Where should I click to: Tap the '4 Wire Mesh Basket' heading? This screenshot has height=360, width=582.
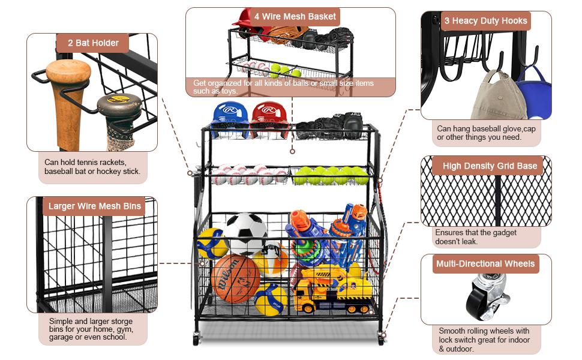click(x=295, y=17)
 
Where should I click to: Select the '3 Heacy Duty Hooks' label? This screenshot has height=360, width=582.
click(x=486, y=22)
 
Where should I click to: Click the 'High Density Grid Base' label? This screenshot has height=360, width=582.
click(x=490, y=166)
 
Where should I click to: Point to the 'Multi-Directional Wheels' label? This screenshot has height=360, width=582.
click(x=485, y=263)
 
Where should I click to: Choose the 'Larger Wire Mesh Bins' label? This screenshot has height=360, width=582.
click(x=95, y=206)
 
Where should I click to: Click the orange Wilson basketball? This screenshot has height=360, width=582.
click(x=236, y=277)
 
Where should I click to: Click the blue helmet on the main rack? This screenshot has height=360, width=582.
click(x=230, y=117)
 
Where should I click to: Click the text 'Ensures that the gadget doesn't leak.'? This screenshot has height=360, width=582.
click(x=476, y=236)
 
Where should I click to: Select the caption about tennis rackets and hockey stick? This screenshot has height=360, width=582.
click(x=92, y=167)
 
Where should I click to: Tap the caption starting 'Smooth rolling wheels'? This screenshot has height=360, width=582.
click(x=484, y=340)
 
